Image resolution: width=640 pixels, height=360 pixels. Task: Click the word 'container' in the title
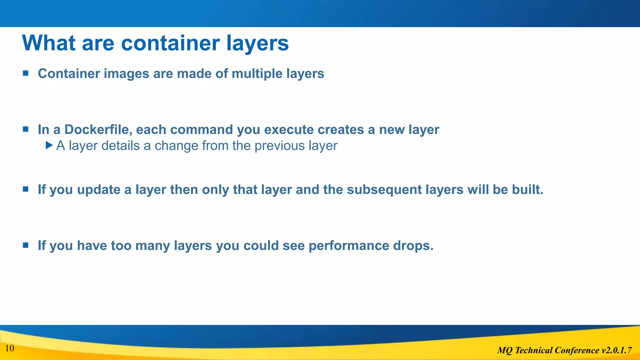click(170, 43)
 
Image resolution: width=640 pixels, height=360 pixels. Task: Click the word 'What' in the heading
click(49, 43)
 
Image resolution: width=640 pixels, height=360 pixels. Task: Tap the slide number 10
click(10, 348)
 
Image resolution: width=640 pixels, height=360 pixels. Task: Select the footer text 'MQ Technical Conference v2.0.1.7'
click(564, 350)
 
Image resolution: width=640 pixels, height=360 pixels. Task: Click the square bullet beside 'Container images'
click(26, 73)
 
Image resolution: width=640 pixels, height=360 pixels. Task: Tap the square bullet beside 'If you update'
click(26, 189)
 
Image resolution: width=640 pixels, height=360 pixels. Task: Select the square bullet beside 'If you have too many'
click(26, 245)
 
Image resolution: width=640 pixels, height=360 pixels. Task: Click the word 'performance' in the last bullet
click(348, 246)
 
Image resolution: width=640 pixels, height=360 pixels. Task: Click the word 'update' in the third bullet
click(98, 190)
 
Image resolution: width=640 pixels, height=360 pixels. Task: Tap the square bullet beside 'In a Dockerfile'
click(26, 129)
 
